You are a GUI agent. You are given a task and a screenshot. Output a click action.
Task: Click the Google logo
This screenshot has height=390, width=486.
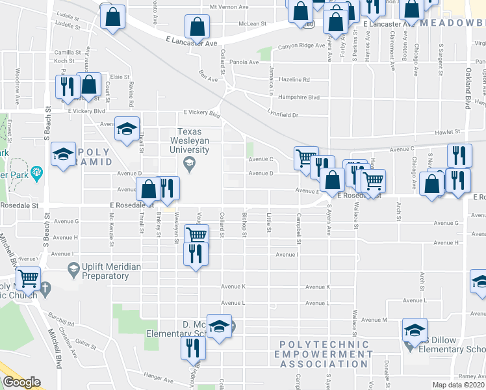click(21, 382)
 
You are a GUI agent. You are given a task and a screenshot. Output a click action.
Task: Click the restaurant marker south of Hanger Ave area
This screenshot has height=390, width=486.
click(193, 348)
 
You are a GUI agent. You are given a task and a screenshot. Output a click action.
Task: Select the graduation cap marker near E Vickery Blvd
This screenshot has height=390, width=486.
click(127, 129)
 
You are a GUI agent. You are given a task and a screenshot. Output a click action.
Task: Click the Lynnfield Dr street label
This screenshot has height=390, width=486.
click(282, 115)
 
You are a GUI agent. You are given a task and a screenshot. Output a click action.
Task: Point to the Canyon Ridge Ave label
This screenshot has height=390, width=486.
click(301, 46)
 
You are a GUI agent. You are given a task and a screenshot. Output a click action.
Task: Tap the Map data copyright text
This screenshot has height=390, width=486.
click(458, 385)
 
